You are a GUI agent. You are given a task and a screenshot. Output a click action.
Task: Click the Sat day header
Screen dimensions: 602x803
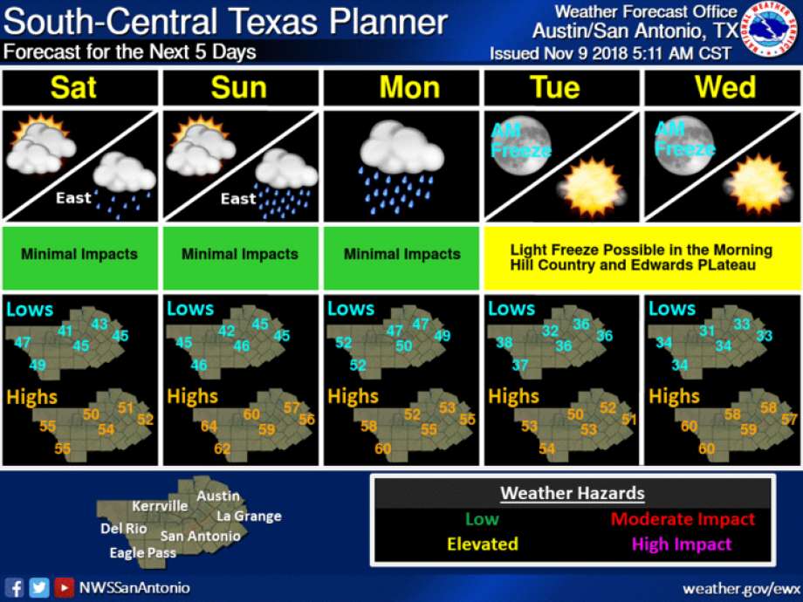coord(74,88)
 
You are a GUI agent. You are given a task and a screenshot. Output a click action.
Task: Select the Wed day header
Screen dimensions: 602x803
coord(725,88)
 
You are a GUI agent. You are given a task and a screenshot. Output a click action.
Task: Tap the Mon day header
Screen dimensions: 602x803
coord(403,88)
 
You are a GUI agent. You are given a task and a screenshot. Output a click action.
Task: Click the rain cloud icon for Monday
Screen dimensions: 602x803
coord(401,165)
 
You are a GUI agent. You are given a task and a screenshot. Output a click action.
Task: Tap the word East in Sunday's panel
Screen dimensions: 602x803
coord(237,199)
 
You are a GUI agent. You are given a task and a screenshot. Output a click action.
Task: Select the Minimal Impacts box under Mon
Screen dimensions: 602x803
coord(401,255)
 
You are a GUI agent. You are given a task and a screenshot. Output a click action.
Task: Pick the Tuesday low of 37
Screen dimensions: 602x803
coord(520,365)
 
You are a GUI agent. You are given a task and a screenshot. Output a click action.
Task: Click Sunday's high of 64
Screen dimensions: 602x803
coord(209,427)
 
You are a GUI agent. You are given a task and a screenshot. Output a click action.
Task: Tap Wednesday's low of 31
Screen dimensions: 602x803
coord(707,332)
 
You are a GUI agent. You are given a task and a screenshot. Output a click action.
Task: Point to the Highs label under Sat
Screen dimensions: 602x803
coord(33,397)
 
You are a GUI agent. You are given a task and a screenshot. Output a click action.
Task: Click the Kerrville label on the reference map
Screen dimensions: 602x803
coord(160,506)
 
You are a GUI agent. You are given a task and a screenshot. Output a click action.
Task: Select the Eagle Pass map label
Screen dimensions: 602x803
coord(142,552)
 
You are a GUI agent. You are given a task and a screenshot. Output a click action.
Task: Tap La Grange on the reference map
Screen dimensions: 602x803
coord(249,516)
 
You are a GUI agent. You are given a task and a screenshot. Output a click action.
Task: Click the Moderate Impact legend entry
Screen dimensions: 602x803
coord(683,519)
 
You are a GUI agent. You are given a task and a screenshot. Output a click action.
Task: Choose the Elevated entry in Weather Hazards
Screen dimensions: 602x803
coord(482,544)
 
